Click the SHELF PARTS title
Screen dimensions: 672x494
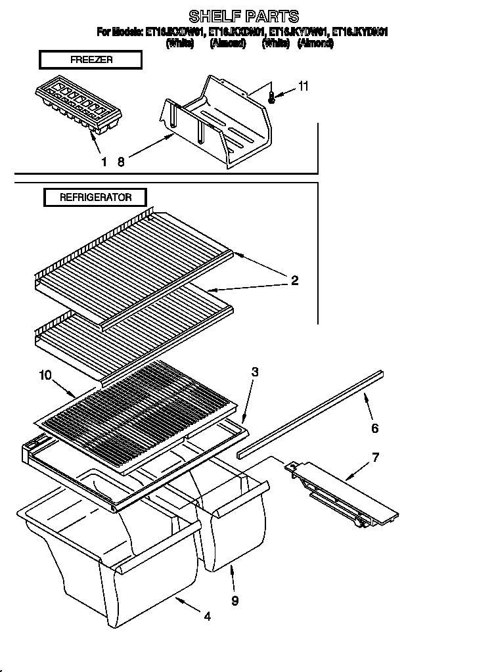click(244, 16)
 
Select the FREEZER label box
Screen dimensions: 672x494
click(91, 60)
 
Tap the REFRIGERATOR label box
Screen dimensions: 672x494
click(95, 197)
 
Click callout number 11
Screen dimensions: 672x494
click(303, 86)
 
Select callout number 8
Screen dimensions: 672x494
click(121, 162)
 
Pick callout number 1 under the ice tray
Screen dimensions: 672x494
click(103, 162)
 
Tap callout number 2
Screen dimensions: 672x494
click(295, 280)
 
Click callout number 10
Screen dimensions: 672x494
click(45, 375)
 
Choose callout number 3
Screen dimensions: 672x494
click(255, 372)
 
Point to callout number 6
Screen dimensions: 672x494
click(374, 428)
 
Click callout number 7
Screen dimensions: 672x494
click(375, 457)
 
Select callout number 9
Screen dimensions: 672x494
click(235, 600)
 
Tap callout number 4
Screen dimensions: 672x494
click(207, 616)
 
